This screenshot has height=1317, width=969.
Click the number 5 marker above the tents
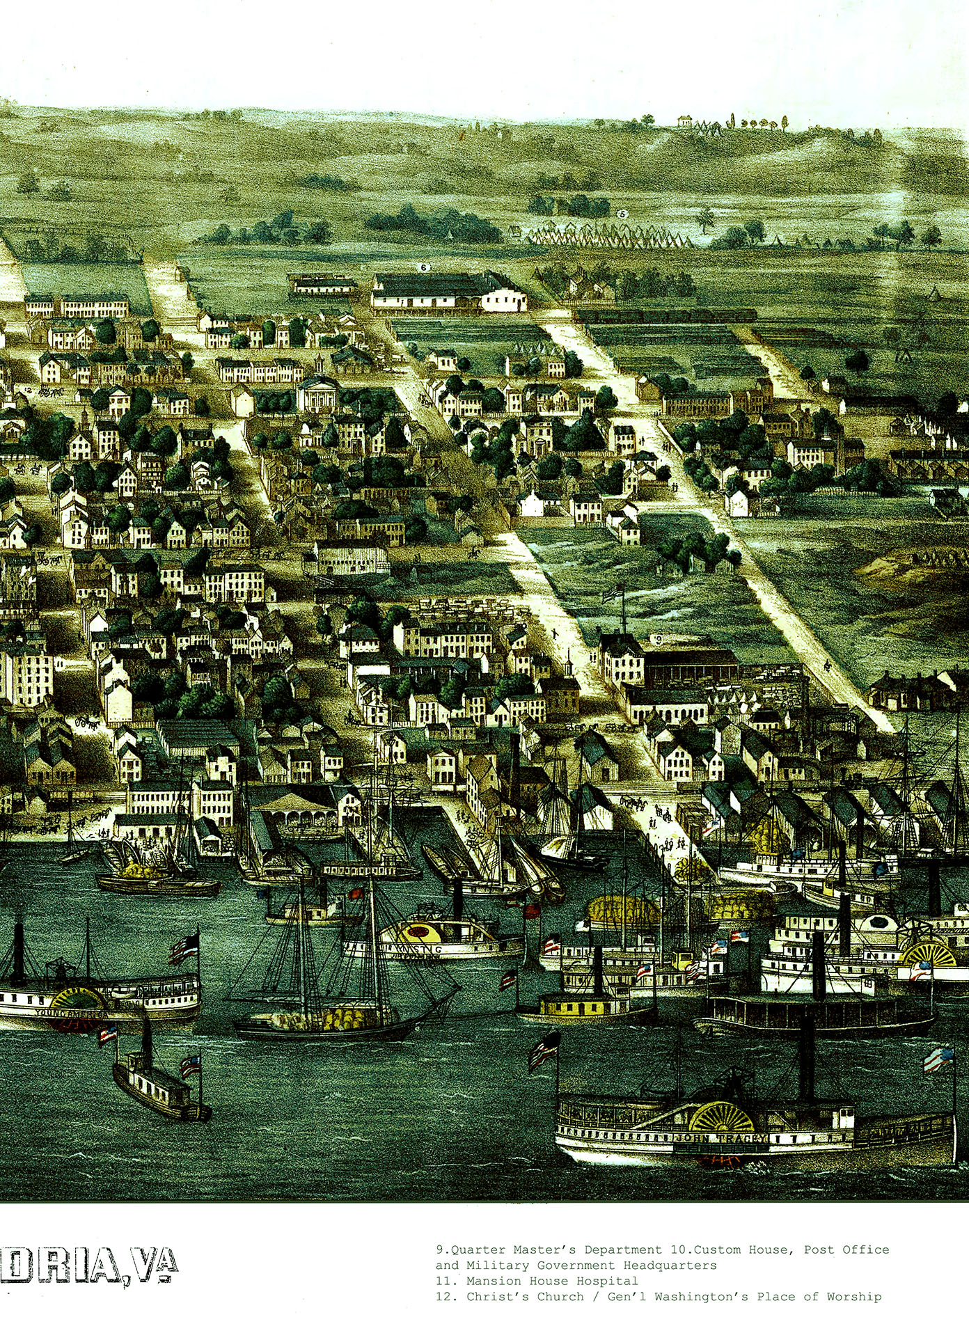[622, 214]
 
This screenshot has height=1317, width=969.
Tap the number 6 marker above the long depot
[423, 267]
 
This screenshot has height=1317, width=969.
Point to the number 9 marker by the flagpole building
[658, 638]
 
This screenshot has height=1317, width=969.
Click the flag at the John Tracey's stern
[938, 1059]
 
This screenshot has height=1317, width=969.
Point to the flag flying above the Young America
[184, 947]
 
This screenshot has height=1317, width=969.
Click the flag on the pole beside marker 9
[613, 593]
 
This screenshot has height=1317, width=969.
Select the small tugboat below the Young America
[160, 1089]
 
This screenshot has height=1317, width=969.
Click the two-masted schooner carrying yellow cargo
[334, 1002]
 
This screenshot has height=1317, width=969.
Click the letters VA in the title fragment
[157, 1266]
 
